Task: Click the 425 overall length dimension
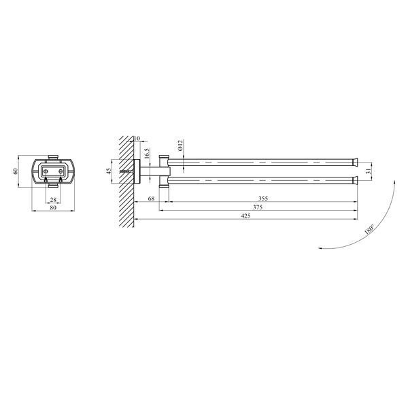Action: pyautogui.click(x=246, y=216)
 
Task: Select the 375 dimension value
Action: pyautogui.click(x=258, y=207)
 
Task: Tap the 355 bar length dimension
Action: pyautogui.click(x=263, y=199)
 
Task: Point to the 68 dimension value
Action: pyautogui.click(x=151, y=199)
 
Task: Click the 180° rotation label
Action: pyautogui.click(x=369, y=229)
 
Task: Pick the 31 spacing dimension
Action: pyautogui.click(x=368, y=171)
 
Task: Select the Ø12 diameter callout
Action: pyautogui.click(x=181, y=146)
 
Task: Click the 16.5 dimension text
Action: pyautogui.click(x=146, y=154)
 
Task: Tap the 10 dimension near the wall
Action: pyautogui.click(x=137, y=138)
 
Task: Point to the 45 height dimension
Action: pyautogui.click(x=109, y=171)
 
